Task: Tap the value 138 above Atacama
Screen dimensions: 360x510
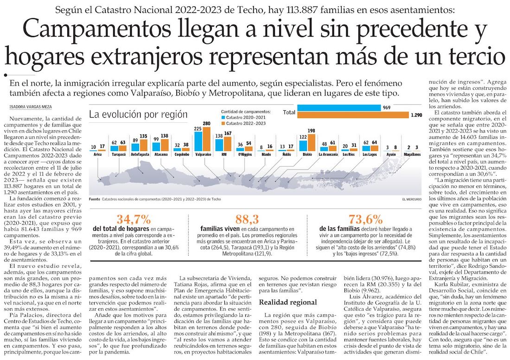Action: point(164,136)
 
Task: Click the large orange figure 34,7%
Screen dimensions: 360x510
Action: point(134,219)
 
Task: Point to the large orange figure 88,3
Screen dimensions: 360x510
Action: point(247,219)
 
